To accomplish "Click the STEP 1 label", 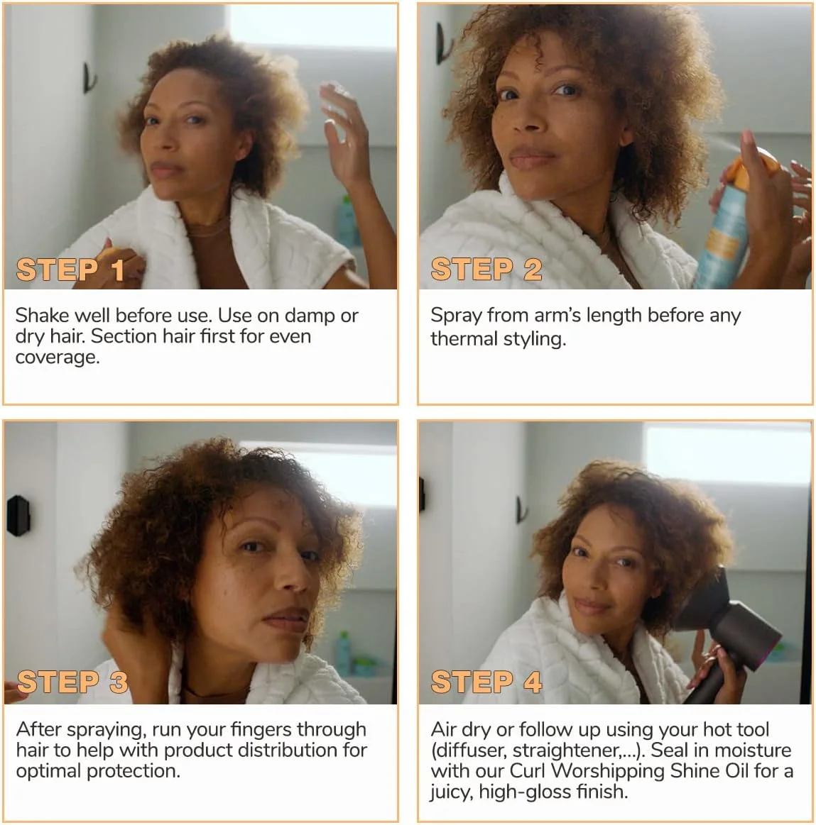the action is (70, 270).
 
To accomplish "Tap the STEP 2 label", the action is (486, 270).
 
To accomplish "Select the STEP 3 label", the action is (72, 682).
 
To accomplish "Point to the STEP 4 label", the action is (486, 682).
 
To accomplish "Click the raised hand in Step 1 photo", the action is (345, 134).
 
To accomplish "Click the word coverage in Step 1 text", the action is (58, 358).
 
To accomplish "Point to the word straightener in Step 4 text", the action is (567, 751).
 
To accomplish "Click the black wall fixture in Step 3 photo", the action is (18, 516).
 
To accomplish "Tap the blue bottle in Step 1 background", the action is (347, 221).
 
